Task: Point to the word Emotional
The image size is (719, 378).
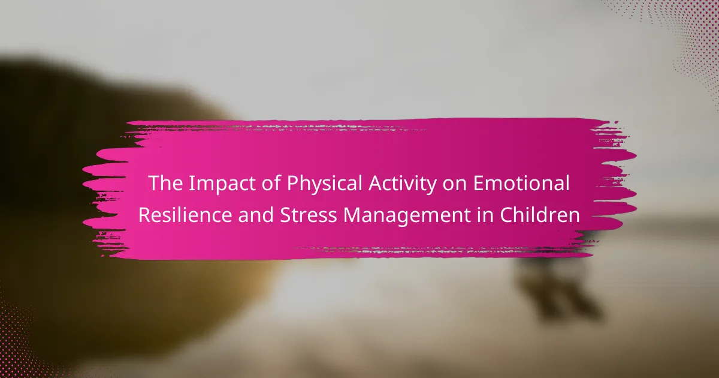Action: (x=522, y=183)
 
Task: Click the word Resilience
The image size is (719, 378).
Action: (x=185, y=215)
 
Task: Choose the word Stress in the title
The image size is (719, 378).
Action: (x=309, y=215)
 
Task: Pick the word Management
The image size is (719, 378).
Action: (x=407, y=216)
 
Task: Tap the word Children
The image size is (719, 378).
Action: (x=540, y=215)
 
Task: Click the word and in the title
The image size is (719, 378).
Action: (x=256, y=215)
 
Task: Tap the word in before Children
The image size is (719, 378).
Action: (x=485, y=215)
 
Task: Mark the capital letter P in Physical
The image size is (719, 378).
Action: (x=293, y=183)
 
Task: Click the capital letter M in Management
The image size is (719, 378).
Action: (x=352, y=215)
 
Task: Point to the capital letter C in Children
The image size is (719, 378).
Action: (x=507, y=215)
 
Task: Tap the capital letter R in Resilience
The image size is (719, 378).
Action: (x=145, y=215)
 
